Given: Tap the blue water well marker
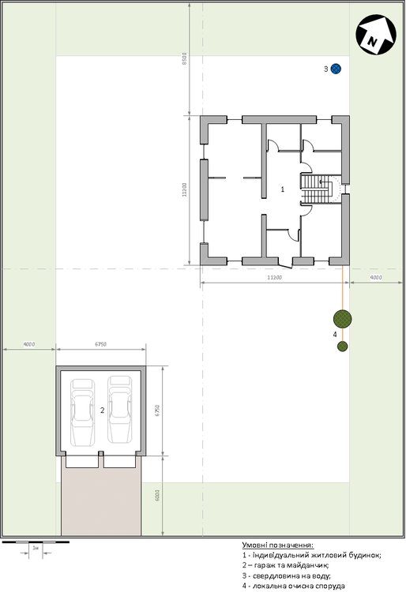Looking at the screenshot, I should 336,69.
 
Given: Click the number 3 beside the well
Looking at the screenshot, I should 325,69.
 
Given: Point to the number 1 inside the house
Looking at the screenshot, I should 283,189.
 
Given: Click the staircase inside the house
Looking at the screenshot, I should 318,188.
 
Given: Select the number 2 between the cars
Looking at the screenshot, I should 103,410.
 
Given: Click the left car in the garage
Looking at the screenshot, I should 83,410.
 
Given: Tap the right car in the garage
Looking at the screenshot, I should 119,409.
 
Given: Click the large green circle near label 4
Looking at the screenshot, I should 342,318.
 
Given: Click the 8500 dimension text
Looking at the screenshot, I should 183,60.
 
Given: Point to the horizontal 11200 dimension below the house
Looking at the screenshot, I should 274,278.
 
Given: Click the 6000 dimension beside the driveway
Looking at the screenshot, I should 158,495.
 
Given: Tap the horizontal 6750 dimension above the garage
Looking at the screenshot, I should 100,344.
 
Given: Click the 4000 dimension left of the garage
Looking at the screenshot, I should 28,344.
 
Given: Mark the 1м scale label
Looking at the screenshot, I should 36,547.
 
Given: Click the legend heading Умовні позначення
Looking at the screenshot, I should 278,545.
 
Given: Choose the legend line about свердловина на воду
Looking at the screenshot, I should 289,575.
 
